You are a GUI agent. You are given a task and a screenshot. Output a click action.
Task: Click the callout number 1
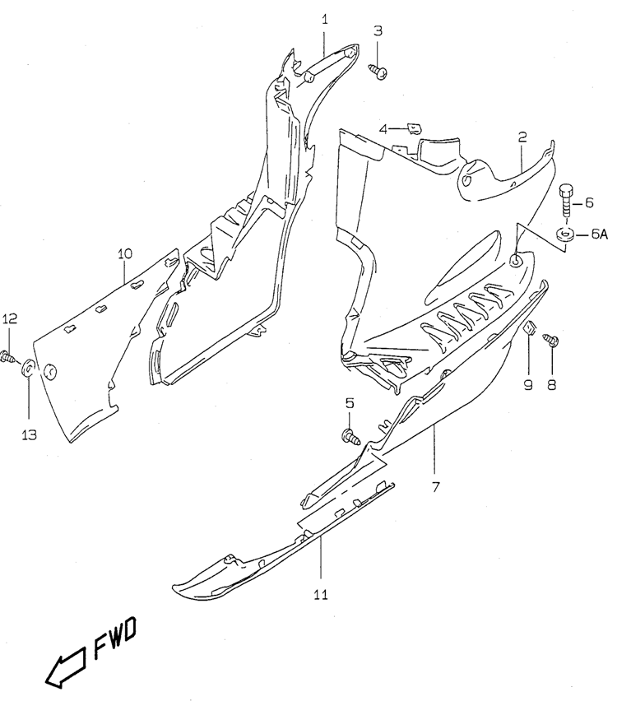pos(325,20)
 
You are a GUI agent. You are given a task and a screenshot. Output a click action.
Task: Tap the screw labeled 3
pos(378,71)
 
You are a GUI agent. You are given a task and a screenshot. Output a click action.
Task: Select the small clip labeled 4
pos(415,128)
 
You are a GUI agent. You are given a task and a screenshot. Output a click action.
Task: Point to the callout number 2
pos(522,137)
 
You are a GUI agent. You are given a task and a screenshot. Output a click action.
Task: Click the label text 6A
pos(600,234)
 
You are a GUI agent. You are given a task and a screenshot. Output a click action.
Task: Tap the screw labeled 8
pos(550,341)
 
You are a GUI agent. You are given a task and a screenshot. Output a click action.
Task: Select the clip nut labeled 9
pos(530,328)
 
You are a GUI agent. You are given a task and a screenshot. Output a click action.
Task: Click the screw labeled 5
pos(351,436)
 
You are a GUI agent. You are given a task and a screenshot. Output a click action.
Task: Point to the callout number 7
pos(436,487)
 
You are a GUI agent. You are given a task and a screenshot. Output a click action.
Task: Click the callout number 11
pos(321,595)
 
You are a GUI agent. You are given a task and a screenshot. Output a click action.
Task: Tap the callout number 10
pos(125,254)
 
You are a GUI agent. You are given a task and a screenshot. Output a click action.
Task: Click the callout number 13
pos(29,434)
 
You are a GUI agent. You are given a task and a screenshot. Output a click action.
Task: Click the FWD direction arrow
pos(66,667)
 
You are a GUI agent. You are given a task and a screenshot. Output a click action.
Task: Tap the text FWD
pos(115,638)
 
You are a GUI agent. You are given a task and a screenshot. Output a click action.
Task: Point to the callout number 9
pos(528,385)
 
